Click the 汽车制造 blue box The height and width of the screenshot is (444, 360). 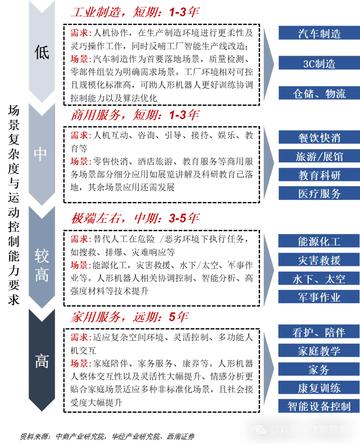(x=319, y=33)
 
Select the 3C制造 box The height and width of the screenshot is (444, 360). (x=319, y=64)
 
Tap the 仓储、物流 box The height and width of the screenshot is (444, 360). (x=319, y=93)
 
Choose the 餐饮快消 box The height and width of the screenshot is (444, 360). (x=319, y=138)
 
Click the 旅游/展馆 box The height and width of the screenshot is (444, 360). (x=319, y=156)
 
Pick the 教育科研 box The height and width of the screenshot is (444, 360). (x=319, y=175)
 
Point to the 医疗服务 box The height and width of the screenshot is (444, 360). (x=319, y=194)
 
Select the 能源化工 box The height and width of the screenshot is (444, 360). (x=319, y=241)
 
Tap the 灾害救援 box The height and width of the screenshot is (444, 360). (x=319, y=260)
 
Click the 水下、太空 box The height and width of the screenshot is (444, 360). (x=319, y=279)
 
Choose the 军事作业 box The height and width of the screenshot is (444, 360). (x=319, y=297)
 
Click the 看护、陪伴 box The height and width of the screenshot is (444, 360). (x=319, y=332)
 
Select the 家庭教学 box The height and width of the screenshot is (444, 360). (x=319, y=351)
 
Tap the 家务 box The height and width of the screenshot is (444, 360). (x=319, y=369)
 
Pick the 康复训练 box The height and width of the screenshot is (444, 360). (x=319, y=388)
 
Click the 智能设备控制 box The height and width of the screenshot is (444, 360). (x=319, y=406)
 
